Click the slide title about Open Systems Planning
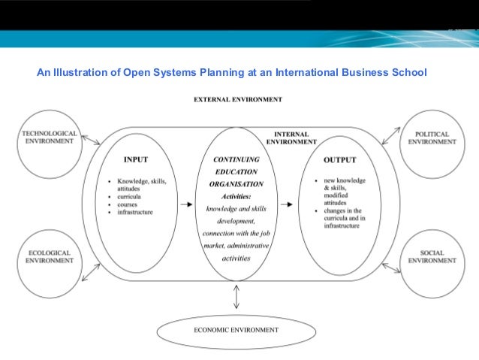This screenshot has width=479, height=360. click(x=231, y=73)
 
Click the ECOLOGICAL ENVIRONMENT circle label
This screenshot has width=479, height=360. click(x=49, y=256)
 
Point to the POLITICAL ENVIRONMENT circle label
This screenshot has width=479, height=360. click(x=432, y=138)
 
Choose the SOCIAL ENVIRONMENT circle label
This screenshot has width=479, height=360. click(x=432, y=256)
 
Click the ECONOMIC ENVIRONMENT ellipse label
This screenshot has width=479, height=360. click(x=237, y=330)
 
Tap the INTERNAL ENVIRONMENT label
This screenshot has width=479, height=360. click(x=291, y=138)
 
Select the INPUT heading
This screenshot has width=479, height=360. click(x=135, y=159)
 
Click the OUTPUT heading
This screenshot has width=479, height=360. click(x=339, y=160)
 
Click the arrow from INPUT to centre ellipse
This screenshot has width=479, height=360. click(x=184, y=204)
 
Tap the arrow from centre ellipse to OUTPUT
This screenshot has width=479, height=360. click(x=287, y=204)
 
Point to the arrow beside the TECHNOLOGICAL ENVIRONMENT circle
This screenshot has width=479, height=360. click(x=90, y=139)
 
